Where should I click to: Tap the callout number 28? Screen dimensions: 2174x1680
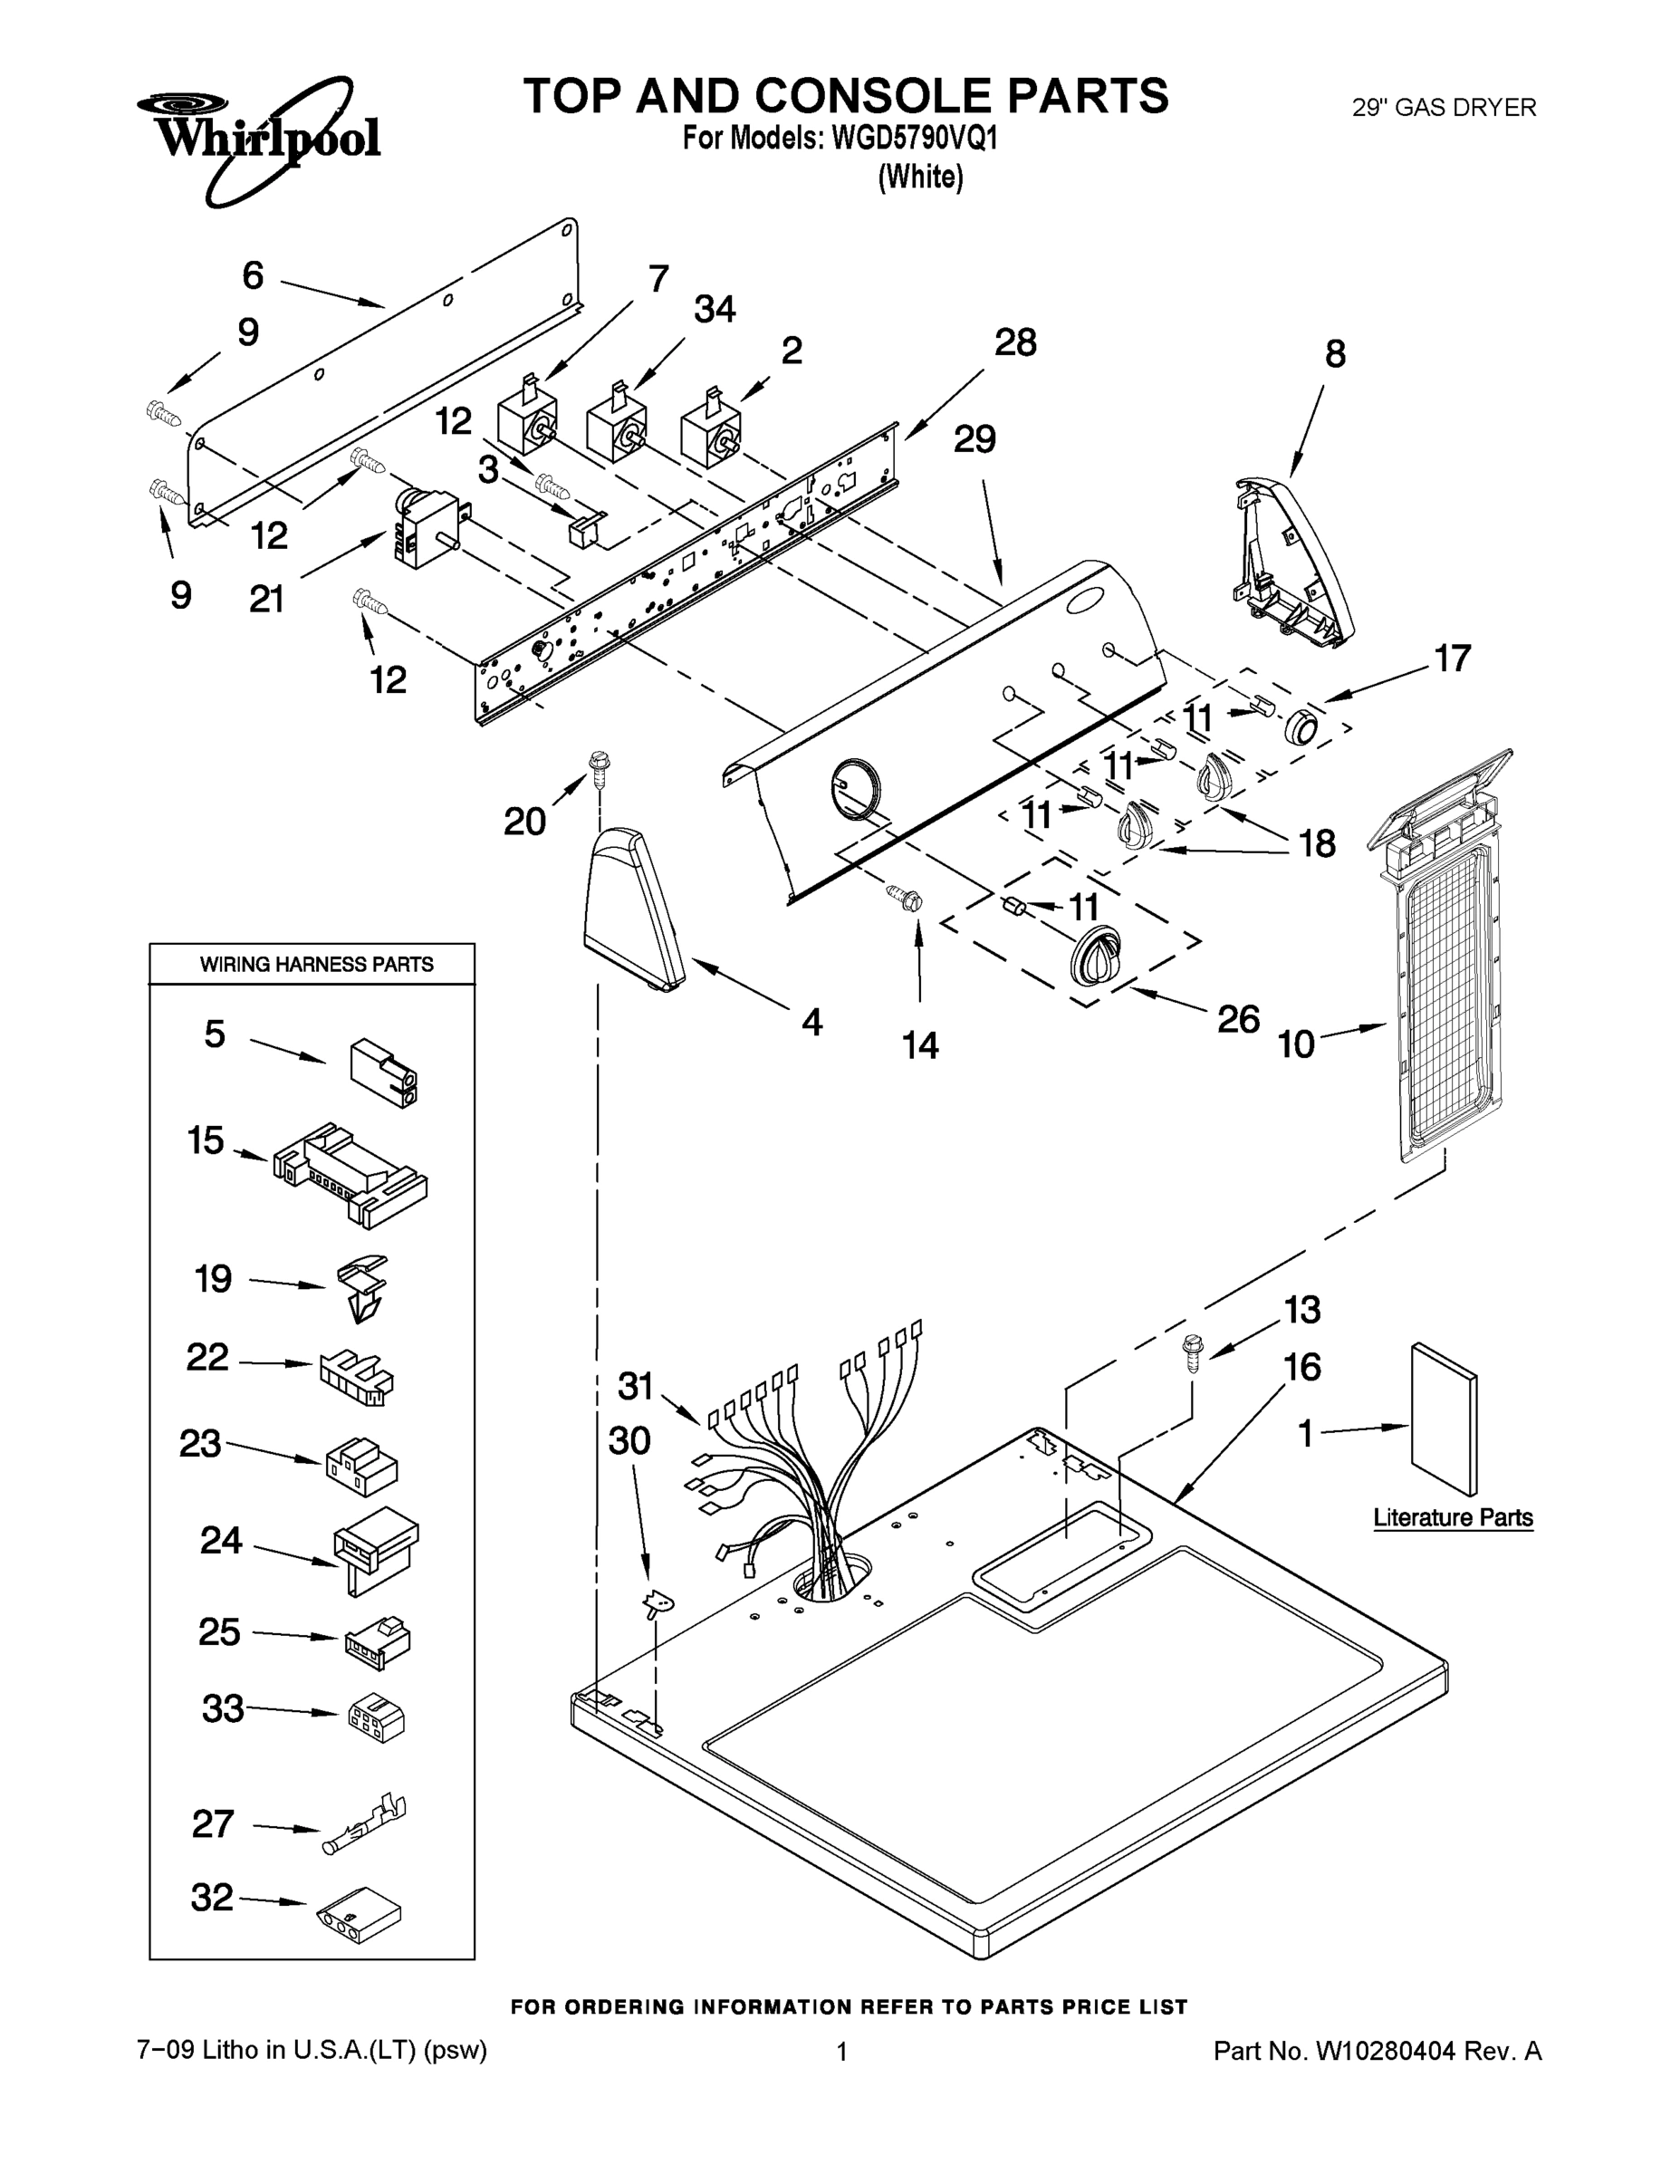point(1015,342)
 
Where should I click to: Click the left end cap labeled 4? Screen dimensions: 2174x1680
point(633,909)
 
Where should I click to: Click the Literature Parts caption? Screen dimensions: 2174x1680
point(1452,1517)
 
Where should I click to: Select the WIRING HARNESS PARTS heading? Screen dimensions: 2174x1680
point(316,964)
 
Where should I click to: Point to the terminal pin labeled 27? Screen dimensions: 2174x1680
point(366,1823)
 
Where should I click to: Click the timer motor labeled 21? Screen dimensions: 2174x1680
point(422,527)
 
